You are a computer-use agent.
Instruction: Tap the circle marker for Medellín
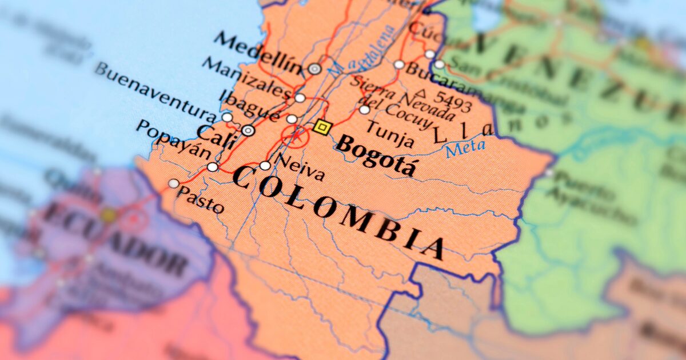click(314, 69)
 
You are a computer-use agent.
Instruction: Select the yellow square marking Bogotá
click(322, 127)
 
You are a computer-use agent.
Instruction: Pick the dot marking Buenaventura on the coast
click(227, 118)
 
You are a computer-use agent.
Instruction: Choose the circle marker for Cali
click(248, 130)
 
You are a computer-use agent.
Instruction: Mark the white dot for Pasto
click(173, 183)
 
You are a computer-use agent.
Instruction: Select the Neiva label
click(300, 167)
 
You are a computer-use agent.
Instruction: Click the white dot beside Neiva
click(265, 166)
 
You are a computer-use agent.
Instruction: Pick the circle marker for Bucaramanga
click(399, 65)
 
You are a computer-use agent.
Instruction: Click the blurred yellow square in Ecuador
click(108, 215)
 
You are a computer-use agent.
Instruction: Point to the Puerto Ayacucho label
click(589, 197)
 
